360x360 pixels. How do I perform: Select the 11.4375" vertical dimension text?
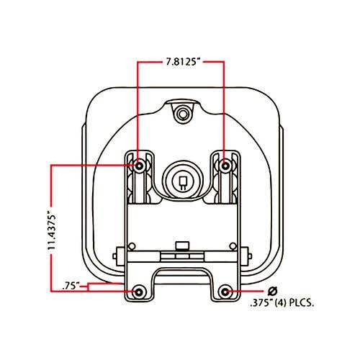click(x=52, y=231)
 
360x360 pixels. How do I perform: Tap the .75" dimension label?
click(x=71, y=286)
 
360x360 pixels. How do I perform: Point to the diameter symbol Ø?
click(x=272, y=292)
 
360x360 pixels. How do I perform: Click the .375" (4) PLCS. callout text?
click(x=282, y=303)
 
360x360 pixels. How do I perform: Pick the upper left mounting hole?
click(x=139, y=166)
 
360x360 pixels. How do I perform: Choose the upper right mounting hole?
click(x=225, y=166)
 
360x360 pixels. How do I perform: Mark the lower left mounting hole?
click(x=138, y=292)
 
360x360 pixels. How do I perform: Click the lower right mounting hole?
click(x=225, y=292)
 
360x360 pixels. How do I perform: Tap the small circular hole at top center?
click(x=183, y=113)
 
